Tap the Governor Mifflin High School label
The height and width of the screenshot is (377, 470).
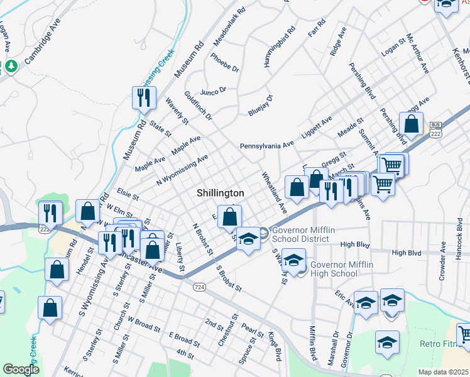click(341, 269)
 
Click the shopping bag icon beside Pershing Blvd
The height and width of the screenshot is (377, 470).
click(411, 124)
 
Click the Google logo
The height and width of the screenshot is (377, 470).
click(21, 369)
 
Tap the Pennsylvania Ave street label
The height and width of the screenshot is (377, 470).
click(266, 145)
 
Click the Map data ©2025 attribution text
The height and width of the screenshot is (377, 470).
click(443, 372)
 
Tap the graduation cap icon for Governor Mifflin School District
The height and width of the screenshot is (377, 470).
click(249, 239)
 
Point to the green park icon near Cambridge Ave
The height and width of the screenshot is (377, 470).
click(11, 65)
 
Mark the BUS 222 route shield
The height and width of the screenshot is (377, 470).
click(435, 130)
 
